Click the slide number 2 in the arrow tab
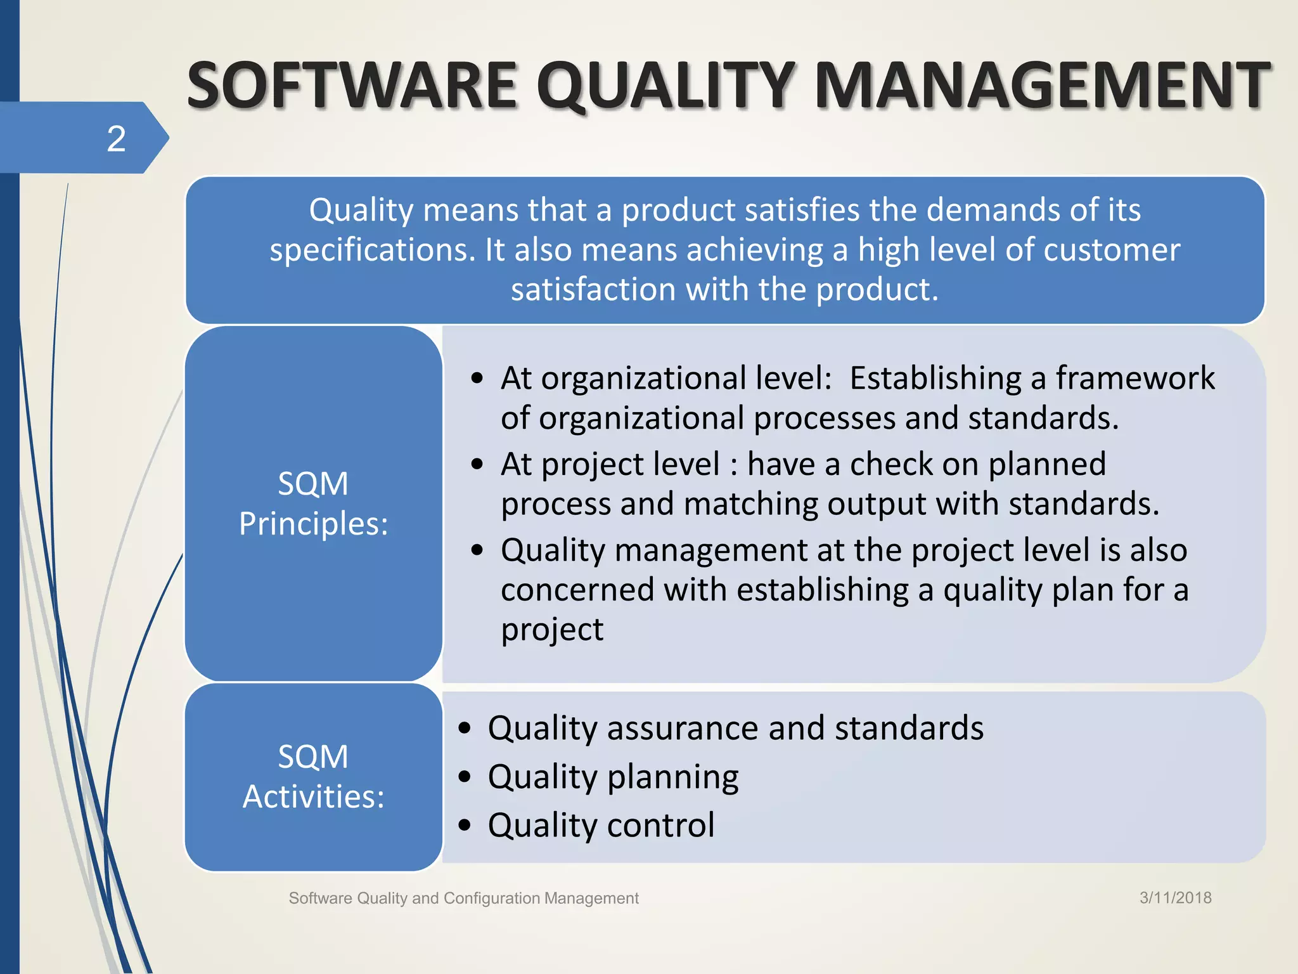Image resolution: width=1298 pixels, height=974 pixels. click(116, 139)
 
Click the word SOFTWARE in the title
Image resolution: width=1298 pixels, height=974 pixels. click(352, 86)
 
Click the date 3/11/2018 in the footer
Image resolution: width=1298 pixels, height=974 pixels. click(1175, 897)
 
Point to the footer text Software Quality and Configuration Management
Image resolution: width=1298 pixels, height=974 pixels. click(463, 898)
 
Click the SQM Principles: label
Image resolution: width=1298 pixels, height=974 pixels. click(313, 503)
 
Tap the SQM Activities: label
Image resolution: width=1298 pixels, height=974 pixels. click(313, 776)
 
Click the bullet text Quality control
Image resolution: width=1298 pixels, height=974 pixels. click(601, 825)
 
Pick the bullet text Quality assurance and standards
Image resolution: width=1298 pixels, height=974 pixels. click(735, 727)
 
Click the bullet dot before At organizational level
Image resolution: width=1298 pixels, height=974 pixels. click(477, 379)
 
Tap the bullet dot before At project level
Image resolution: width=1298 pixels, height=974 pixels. click(477, 465)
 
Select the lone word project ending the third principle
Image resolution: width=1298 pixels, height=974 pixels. click(552, 630)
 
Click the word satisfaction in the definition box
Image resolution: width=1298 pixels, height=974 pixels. click(594, 290)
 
